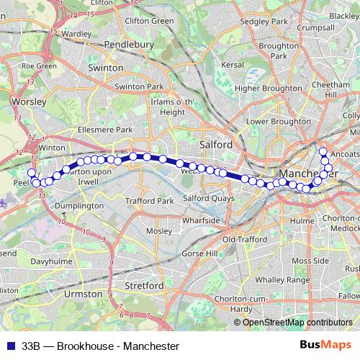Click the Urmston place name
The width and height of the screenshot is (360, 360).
[x=84, y=294]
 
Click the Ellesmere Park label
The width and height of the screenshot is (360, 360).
[x=105, y=130]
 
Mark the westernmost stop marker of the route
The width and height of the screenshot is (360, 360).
[x=31, y=173]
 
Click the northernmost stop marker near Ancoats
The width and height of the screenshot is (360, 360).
[x=323, y=151]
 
